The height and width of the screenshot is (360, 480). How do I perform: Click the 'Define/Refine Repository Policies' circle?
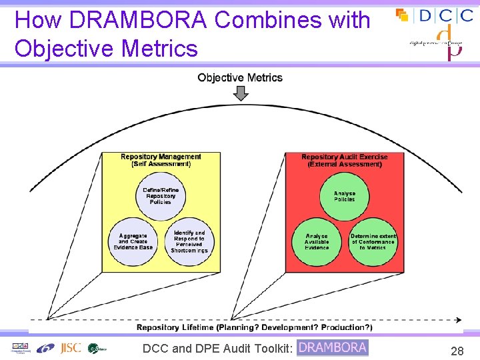pyautogui.click(x=161, y=195)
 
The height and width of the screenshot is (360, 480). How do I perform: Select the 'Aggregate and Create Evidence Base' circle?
pyautogui.click(x=133, y=241)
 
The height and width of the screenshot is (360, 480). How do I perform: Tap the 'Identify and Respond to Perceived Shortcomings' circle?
pyautogui.click(x=189, y=241)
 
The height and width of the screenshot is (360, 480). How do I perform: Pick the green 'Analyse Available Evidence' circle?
pyautogui.click(x=317, y=241)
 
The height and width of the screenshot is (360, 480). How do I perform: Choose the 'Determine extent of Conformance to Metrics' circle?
pyautogui.click(x=373, y=241)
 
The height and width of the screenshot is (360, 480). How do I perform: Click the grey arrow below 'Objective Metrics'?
pyautogui.click(x=241, y=93)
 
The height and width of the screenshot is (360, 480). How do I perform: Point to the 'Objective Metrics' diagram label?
pyautogui.click(x=240, y=78)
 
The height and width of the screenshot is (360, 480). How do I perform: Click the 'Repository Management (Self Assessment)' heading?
pyautogui.click(x=161, y=160)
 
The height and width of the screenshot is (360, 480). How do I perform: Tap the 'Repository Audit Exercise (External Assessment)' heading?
pyautogui.click(x=345, y=160)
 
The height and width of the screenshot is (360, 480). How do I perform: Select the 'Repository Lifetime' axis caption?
pyautogui.click(x=254, y=327)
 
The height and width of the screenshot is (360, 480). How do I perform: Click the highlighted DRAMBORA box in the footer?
pyautogui.click(x=332, y=347)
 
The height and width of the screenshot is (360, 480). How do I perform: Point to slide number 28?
pyautogui.click(x=457, y=351)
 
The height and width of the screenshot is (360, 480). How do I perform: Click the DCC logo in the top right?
pyautogui.click(x=435, y=15)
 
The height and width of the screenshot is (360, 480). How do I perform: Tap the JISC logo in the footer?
pyautogui.click(x=70, y=347)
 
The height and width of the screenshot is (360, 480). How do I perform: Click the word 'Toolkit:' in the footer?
pyautogui.click(x=270, y=348)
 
